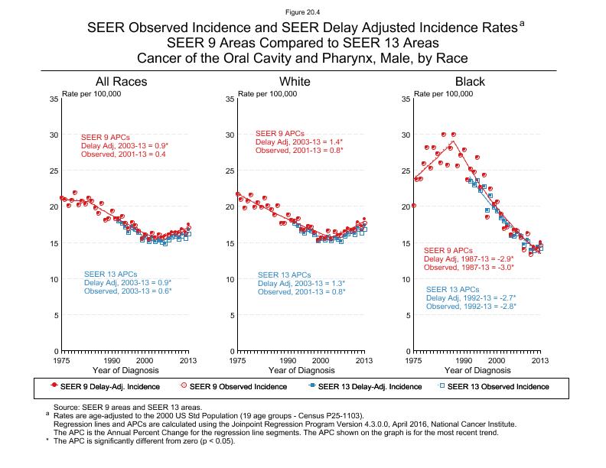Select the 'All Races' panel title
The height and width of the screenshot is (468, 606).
[x=121, y=82]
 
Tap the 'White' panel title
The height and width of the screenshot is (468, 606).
[x=295, y=82]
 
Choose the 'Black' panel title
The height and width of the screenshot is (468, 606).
[x=470, y=82]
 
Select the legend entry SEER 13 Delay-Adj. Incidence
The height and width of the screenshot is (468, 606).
[x=364, y=387]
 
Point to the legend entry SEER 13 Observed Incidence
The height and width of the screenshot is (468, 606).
[x=497, y=387]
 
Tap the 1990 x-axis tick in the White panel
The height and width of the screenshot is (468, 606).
[x=288, y=359]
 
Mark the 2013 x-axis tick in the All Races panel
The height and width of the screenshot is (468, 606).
[x=189, y=359]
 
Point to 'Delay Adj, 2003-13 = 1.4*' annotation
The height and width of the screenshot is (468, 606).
[x=299, y=142]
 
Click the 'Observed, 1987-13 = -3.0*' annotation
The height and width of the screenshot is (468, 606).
[x=468, y=268]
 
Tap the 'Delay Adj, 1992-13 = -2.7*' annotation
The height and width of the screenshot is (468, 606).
[x=471, y=297]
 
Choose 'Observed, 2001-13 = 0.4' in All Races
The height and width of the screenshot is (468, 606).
[x=124, y=154]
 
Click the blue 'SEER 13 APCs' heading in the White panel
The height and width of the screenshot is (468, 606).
[x=284, y=275]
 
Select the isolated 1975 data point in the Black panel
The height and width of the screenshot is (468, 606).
[x=414, y=205]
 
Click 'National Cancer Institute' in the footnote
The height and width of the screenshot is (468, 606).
[x=471, y=424]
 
